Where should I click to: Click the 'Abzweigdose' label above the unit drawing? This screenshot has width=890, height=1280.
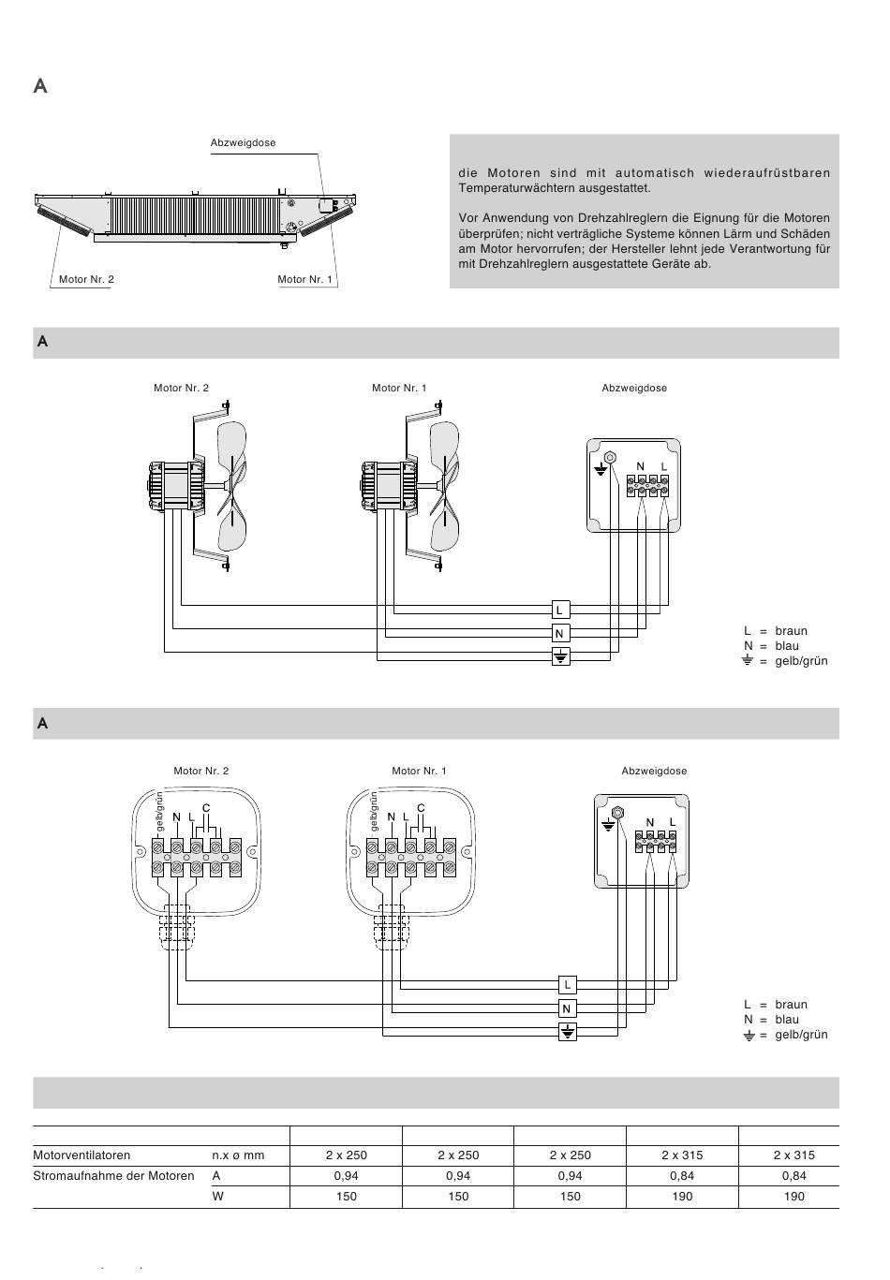243,143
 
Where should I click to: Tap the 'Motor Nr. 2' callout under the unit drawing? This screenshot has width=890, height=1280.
86,279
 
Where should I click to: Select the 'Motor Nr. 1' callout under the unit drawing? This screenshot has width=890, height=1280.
305,279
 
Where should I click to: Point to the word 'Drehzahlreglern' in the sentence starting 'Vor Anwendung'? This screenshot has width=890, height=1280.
612,218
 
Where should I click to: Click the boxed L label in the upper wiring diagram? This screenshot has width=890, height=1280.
559,611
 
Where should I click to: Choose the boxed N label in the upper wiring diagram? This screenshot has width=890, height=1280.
559,634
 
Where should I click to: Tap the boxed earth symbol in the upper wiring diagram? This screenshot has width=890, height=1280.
559,656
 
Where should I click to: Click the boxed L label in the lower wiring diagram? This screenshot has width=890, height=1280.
567,985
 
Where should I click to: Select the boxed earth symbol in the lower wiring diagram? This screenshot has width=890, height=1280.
567,1032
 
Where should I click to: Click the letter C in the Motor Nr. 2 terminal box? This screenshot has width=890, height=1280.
206,808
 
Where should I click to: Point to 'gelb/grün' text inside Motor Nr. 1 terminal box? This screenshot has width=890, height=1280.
375,811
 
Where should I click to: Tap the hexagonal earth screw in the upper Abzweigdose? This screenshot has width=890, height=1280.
611,458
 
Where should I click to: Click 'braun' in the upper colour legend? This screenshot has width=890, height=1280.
791,631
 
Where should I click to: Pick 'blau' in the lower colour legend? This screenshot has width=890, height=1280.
787,1020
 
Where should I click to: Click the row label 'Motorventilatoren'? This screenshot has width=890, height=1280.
82,1155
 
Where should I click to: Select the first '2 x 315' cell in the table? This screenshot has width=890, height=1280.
682,1155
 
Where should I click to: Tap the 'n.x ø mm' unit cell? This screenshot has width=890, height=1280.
239,1155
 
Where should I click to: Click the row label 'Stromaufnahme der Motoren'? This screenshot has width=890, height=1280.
113,1175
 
